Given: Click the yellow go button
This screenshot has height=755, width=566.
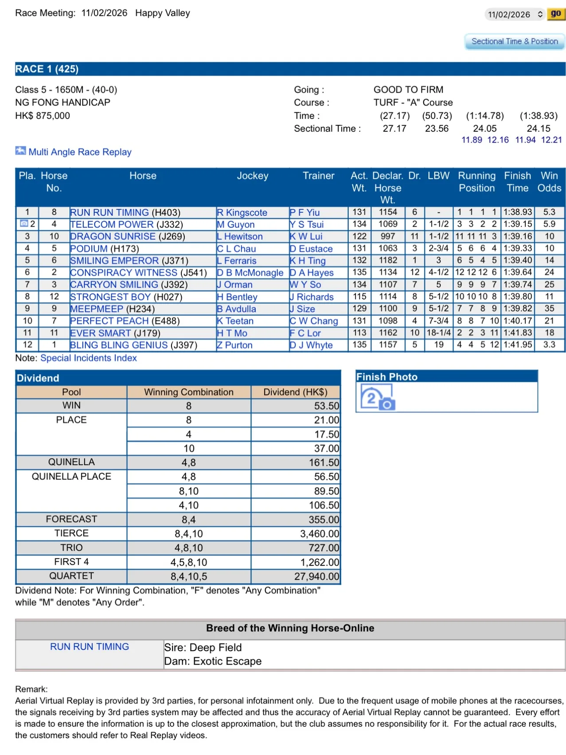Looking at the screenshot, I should (x=555, y=14).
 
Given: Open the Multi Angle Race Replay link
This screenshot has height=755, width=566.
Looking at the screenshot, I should (x=80, y=152).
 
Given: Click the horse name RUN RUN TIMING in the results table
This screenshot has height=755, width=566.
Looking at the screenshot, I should (x=109, y=213).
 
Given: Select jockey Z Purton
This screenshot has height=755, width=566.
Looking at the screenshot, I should (x=234, y=345).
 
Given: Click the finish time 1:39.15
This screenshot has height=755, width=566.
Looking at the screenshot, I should (x=517, y=225).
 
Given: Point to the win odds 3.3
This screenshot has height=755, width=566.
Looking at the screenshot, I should (x=549, y=345).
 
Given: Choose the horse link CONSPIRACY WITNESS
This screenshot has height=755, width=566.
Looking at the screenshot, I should (x=124, y=273).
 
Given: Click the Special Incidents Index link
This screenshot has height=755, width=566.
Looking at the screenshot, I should (x=89, y=358).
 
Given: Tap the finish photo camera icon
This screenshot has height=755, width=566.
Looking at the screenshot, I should (x=378, y=398).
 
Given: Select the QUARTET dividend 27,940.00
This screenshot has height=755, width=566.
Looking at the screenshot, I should (x=316, y=577).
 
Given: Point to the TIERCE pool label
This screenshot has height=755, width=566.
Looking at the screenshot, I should (x=71, y=533).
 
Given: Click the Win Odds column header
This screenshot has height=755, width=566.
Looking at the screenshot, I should (x=549, y=182).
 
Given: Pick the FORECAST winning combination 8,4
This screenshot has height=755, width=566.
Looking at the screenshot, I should (x=189, y=520).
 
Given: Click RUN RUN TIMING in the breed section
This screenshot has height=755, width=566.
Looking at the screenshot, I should (x=90, y=647).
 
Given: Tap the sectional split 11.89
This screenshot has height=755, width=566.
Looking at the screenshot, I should (x=472, y=140).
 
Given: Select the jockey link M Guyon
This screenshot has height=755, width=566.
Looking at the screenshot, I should (x=236, y=225).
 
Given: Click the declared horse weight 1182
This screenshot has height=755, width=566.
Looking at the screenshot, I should (x=388, y=261).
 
